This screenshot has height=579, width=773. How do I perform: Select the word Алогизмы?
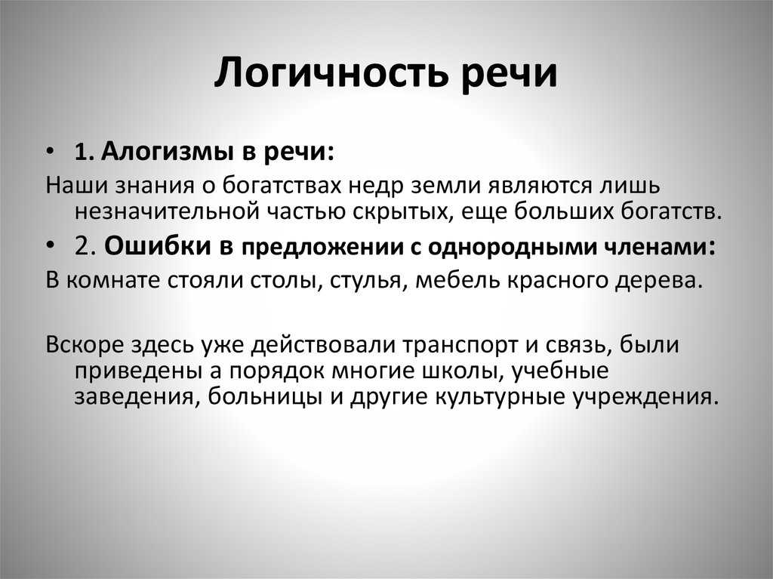(167, 152)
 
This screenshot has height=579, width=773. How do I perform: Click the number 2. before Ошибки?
(85, 245)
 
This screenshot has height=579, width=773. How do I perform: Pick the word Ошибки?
(158, 245)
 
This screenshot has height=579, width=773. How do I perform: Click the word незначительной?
(167, 211)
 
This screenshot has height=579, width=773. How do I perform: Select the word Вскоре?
(85, 345)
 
